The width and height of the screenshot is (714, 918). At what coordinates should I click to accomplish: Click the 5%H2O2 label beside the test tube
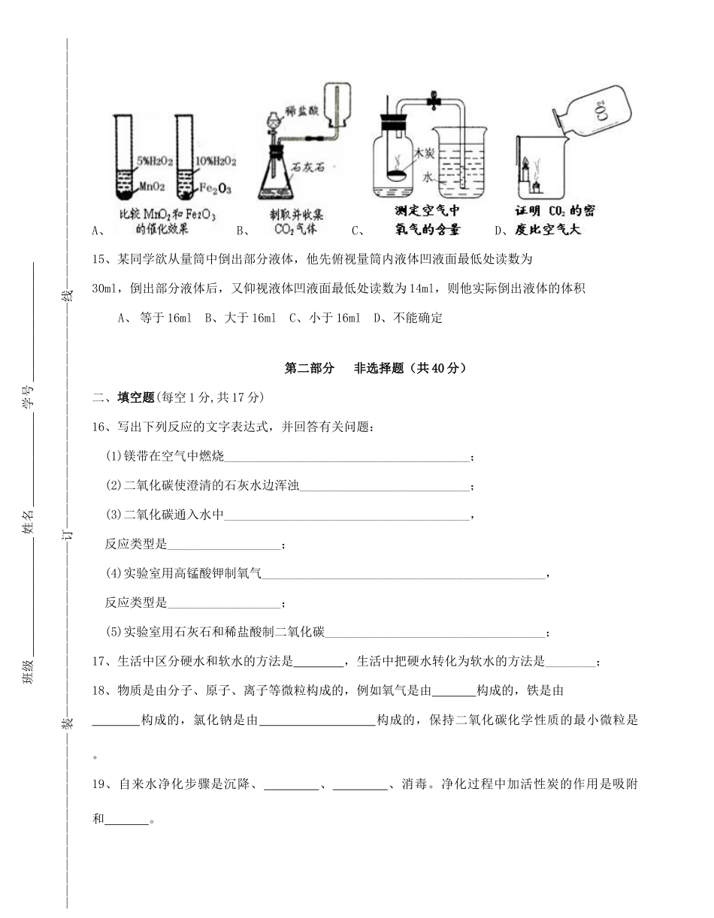[x=155, y=160]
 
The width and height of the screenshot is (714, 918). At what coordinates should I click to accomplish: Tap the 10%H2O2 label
[x=217, y=160]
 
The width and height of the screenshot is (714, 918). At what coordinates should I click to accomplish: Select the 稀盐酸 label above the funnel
[x=303, y=110]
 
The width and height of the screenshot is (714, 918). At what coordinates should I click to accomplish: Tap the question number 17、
[x=102, y=662]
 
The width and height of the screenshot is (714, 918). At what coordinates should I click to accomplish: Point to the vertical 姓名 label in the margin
[x=28, y=521]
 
